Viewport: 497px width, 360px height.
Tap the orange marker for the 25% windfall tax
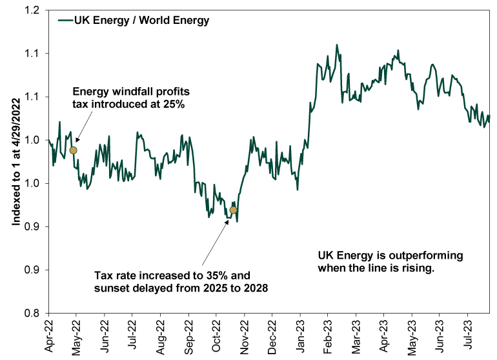74,150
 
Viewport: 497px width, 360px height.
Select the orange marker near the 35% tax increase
233,210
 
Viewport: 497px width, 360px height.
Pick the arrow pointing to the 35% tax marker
216,239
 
